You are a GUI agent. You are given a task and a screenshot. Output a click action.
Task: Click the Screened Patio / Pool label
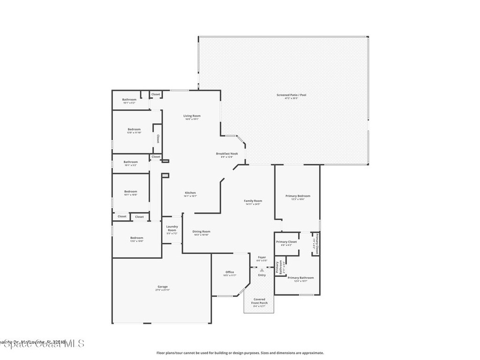click(x=291, y=95)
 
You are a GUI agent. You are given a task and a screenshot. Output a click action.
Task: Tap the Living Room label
click(x=192, y=116)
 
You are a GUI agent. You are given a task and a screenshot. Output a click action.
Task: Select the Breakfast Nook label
click(x=227, y=154)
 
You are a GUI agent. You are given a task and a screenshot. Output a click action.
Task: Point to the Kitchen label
click(x=190, y=193)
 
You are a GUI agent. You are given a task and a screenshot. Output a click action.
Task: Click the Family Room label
click(x=253, y=201)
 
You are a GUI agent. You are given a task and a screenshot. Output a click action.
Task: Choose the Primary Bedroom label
click(x=298, y=196)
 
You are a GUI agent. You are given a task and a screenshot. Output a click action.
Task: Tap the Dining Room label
click(x=201, y=232)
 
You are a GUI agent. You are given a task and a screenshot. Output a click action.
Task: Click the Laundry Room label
click(x=172, y=228)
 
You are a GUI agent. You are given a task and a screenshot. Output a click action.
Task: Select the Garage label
click(x=162, y=287)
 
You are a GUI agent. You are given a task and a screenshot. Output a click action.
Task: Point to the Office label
click(x=230, y=272)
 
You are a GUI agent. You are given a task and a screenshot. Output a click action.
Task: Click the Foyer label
click(x=262, y=257)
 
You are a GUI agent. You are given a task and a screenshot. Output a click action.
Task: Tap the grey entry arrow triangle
click(x=262, y=270)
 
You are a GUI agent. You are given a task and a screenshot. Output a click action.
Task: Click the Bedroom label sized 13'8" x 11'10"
click(x=134, y=129)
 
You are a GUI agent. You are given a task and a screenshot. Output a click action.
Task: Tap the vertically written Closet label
click(x=157, y=138)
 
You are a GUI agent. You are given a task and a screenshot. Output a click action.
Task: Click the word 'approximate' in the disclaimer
click(x=312, y=353)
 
